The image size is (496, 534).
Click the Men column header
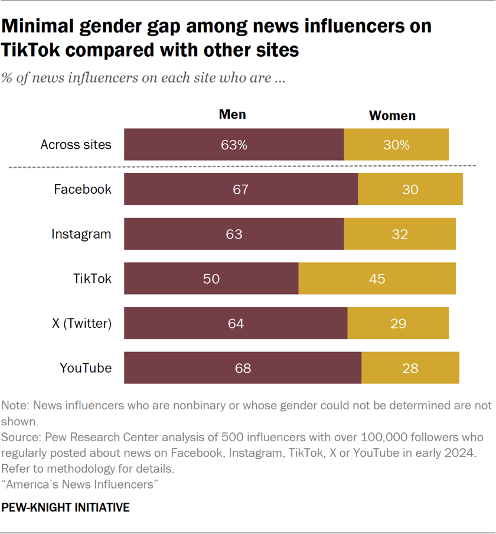232,114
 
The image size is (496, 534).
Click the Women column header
392,115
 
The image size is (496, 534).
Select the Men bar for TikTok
211,278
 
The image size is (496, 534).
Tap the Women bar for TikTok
377,278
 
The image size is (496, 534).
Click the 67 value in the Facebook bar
240,190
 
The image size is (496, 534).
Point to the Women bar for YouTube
410,368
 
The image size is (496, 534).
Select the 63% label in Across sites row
234,145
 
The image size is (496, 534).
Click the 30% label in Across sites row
396,145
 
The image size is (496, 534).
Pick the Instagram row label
81,234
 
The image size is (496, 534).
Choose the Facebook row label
82,190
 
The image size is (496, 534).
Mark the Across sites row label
76,145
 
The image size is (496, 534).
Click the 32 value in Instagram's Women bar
400,234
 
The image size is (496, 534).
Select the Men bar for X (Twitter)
236,323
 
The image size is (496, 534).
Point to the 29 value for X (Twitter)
398,323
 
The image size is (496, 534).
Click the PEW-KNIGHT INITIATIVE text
65,507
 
